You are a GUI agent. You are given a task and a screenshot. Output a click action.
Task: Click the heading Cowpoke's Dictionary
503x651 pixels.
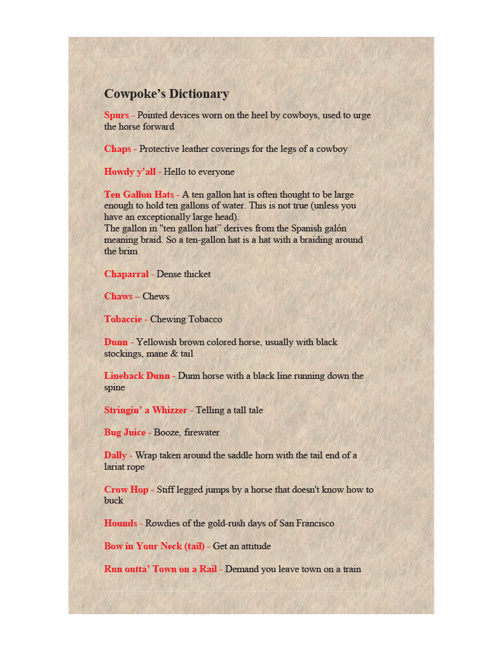166,94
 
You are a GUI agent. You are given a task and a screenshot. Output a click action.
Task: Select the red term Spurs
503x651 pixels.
116,116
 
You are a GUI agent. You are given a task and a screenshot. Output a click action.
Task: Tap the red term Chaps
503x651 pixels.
118,149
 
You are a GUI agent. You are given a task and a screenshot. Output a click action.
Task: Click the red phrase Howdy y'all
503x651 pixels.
130,172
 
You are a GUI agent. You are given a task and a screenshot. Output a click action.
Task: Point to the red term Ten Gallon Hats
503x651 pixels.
139,195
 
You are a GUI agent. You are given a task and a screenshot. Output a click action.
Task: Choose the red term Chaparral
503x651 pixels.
127,274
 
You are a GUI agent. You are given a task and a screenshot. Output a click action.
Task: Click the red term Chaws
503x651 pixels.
118,297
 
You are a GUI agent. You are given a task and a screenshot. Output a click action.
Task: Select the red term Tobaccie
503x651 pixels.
123,319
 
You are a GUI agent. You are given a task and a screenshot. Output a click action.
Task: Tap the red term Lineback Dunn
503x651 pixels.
137,376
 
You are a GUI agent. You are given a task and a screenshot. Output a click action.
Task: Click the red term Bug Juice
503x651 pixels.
125,433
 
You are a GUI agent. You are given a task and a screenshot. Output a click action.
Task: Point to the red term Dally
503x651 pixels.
115,455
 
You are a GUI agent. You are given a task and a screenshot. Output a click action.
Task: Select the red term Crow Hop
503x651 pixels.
126,490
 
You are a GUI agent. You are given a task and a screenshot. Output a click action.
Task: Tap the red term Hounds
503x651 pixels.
120,524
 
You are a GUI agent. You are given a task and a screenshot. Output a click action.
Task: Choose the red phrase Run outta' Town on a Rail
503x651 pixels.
160,569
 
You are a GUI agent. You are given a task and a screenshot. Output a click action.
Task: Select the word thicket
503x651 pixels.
197,274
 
